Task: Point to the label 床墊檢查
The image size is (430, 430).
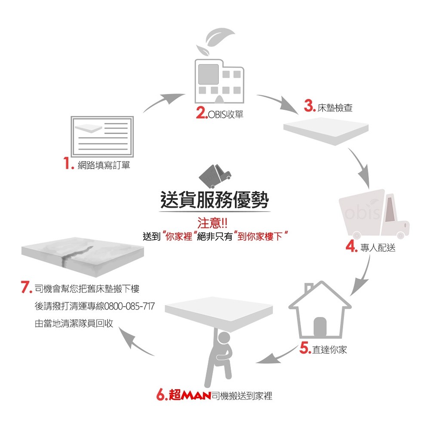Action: coord(335,107)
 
